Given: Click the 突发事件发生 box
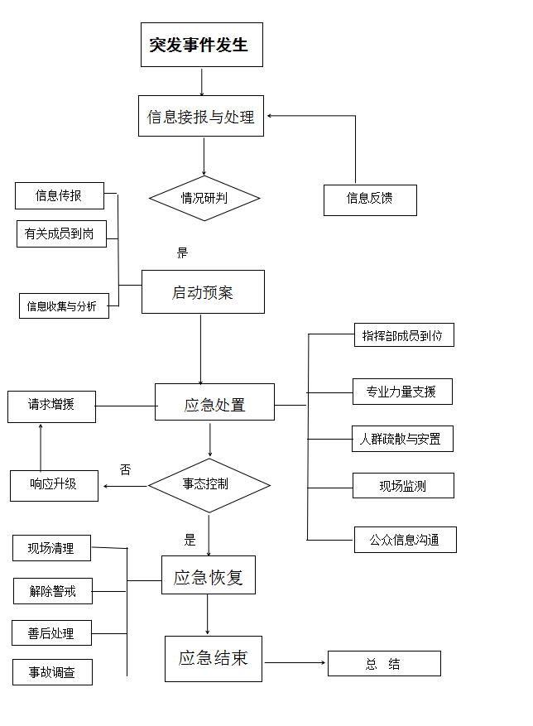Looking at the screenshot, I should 201,45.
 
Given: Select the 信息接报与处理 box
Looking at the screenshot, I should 200,117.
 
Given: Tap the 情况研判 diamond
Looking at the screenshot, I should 204,199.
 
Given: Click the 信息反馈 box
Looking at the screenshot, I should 369,200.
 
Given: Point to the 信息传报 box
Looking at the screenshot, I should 59,196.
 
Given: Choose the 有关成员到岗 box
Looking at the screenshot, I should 60,234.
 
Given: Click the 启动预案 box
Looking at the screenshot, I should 203,292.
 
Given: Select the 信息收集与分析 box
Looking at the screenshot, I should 63,306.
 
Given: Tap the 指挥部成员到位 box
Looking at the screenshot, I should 403,335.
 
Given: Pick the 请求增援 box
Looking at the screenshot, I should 51,406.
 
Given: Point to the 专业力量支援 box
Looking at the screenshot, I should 402,392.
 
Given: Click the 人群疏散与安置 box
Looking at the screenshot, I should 401,439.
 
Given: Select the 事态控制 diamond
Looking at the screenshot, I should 208,485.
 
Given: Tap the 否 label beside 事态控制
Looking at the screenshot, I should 126,470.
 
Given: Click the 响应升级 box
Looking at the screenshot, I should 54,485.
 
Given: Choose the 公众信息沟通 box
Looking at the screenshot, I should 405,540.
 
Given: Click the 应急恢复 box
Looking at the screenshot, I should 208,575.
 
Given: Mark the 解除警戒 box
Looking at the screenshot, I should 52,591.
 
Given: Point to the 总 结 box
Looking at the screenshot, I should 384,664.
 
